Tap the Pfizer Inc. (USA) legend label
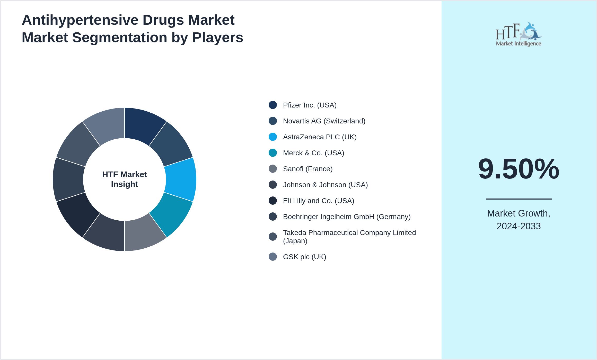coord(310,105)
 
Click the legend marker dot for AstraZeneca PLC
coord(273,137)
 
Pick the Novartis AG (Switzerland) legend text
coord(324,121)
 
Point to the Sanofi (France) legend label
coord(308,169)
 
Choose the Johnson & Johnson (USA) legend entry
coord(325,185)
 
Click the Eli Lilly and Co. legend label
coord(319,201)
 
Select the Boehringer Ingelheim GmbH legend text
coord(347,217)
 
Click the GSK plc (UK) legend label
coord(304,257)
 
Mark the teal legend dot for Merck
coord(273,153)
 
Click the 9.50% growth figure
coord(519,169)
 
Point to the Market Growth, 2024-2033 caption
coord(519,220)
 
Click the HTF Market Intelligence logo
coord(519,34)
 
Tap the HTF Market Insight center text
coord(125,179)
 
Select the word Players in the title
coord(217,38)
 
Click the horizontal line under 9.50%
coord(519,199)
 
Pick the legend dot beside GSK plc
coord(273,257)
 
